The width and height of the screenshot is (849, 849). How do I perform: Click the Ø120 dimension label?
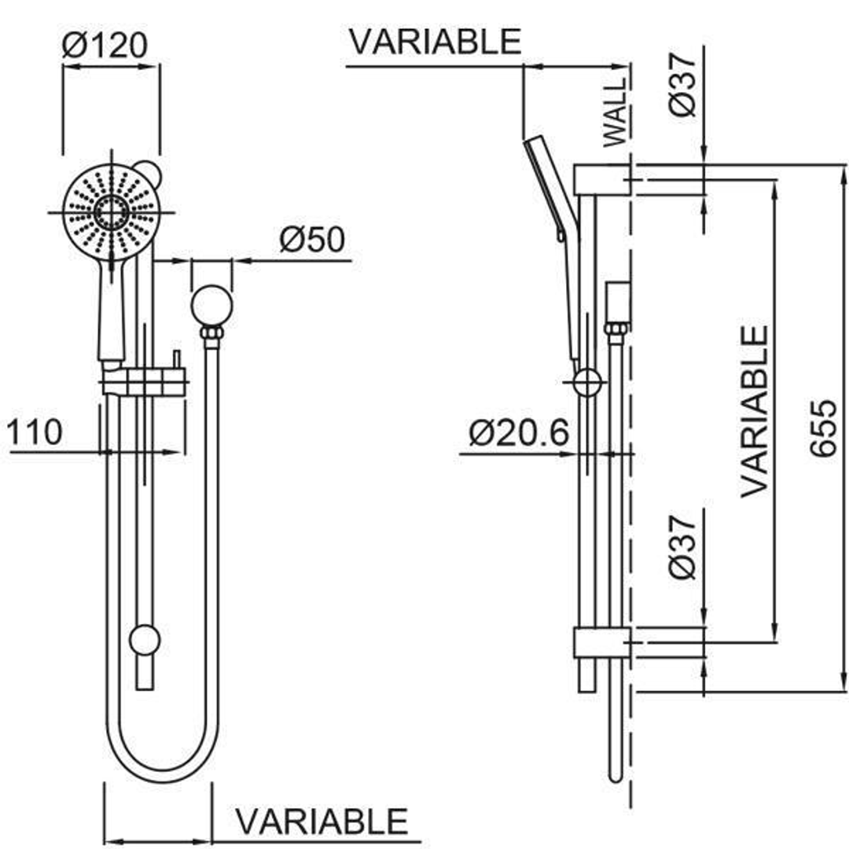pos(105,46)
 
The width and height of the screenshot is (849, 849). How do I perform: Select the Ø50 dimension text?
pos(312,240)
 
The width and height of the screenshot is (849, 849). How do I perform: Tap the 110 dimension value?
pos(35,433)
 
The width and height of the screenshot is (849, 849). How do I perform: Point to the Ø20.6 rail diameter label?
pos(518,433)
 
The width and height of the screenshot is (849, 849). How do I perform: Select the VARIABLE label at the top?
pos(435,42)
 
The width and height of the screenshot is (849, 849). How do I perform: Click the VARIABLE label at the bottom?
pos(322,821)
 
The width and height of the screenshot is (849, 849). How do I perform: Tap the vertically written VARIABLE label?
pos(755,410)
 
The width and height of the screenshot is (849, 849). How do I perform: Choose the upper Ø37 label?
pos(684,82)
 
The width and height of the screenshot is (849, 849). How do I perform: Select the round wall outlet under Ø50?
pos(211,306)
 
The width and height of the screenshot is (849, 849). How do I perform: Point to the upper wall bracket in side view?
pos(601,180)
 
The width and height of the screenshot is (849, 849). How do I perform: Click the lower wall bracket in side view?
pos(601,643)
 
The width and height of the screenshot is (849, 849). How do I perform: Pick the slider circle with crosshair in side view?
pos(587,383)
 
